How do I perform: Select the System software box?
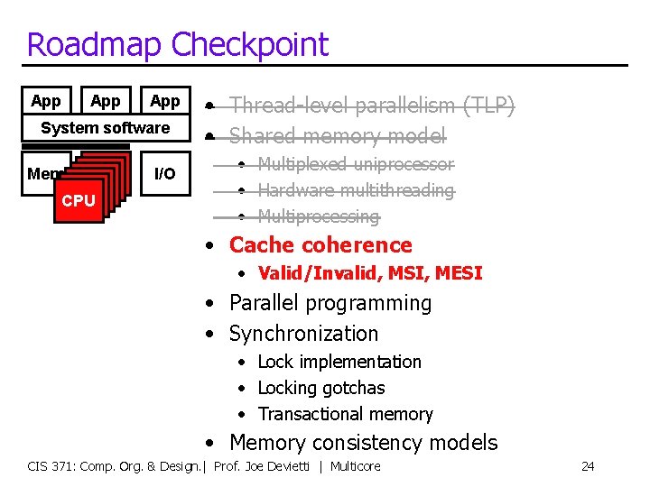[106, 128]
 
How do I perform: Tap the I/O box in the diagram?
[164, 173]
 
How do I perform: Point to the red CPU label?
[79, 200]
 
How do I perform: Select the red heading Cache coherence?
[320, 245]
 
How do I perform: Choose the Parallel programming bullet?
[330, 303]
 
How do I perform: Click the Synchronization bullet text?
[303, 334]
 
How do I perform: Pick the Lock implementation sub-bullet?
[339, 362]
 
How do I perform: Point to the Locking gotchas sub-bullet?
[321, 388]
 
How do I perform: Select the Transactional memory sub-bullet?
[345, 415]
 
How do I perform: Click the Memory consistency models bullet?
[363, 443]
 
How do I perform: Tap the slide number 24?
[588, 466]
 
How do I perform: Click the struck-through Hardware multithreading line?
[356, 190]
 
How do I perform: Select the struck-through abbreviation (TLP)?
[488, 106]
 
